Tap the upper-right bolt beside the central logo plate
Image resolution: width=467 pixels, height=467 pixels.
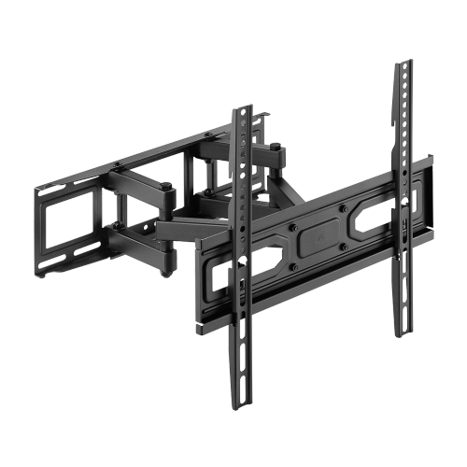point(343,208)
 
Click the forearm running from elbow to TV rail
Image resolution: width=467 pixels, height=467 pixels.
point(187,224)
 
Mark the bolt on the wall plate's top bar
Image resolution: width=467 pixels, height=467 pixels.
point(116,166)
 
